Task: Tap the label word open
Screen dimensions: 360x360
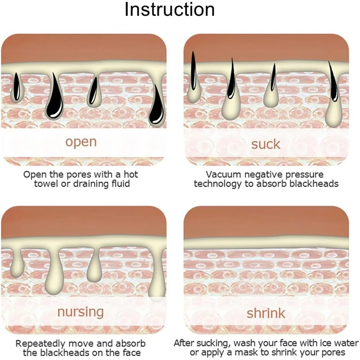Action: [81, 142]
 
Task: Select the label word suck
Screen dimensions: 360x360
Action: [265, 144]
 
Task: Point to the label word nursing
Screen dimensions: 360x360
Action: [81, 311]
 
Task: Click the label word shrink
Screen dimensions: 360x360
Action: [265, 312]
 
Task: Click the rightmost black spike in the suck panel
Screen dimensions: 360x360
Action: [333, 83]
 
